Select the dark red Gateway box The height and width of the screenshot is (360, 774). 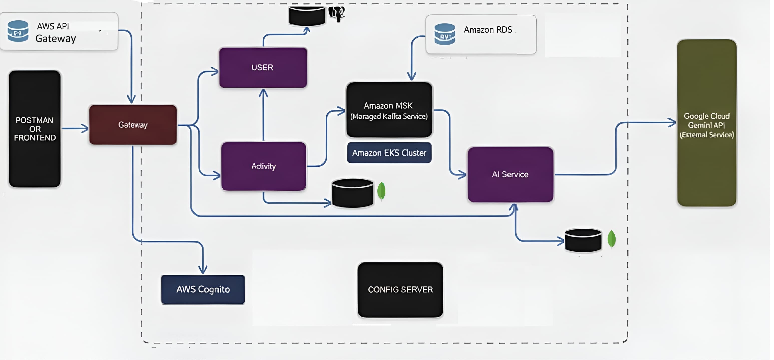coord(133,125)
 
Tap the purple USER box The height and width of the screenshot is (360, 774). coord(263,68)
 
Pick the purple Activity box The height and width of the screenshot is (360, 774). coord(264,166)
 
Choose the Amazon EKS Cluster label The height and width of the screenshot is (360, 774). coord(389,153)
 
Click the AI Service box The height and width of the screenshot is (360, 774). coord(510,174)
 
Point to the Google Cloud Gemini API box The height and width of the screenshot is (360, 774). coord(706,123)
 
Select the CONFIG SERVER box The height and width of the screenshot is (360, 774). coord(400,290)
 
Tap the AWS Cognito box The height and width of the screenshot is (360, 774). coord(203,289)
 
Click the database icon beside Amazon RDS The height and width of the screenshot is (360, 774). coord(445,34)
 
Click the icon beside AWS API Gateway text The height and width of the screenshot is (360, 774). coord(18,31)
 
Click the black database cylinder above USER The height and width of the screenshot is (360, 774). coord(307,16)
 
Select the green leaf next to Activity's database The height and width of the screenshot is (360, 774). coord(381,191)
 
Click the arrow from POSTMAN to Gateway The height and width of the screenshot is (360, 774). coord(75,128)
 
